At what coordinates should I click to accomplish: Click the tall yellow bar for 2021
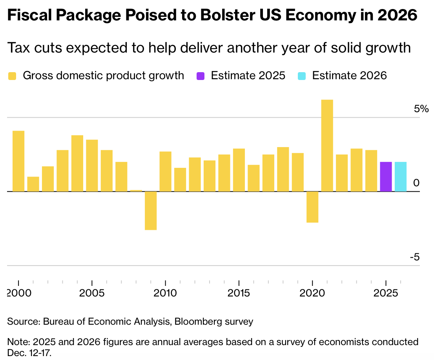327,145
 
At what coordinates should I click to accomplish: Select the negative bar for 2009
151,211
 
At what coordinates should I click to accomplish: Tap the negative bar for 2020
312,207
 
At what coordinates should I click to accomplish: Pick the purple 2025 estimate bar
386,176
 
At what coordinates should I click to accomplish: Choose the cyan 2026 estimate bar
401,176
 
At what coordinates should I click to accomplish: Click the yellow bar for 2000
18,161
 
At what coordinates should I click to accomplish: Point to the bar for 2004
77,163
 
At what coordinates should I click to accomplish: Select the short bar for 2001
33,184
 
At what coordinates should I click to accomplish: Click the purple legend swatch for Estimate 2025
201,76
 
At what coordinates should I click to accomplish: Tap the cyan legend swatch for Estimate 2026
302,76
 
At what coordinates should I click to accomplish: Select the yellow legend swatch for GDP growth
13,76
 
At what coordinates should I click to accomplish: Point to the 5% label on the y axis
422,109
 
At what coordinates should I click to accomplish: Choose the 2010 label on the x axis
166,294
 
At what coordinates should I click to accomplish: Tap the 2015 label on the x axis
239,294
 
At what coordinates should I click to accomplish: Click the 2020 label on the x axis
312,294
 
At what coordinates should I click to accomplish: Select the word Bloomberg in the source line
198,322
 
